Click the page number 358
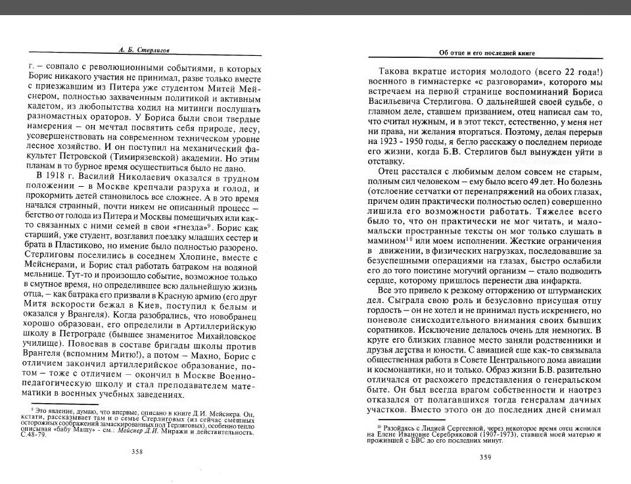tap(138, 452)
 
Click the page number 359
tap(486, 458)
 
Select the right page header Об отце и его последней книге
tap(486, 53)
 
